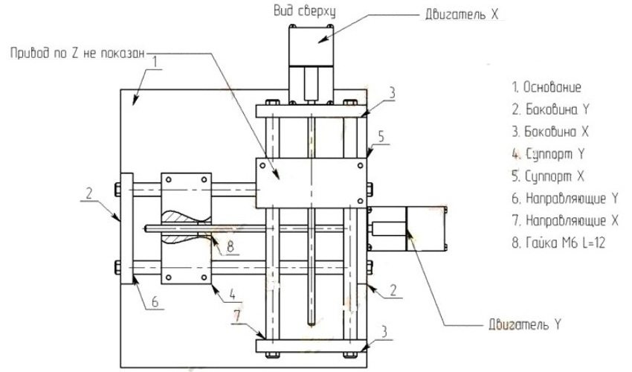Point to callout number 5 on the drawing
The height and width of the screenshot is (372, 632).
point(381,138)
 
